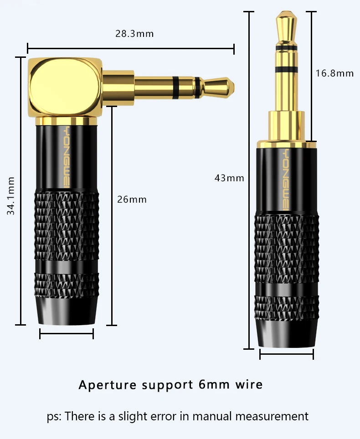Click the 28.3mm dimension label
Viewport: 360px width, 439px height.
coord(134,34)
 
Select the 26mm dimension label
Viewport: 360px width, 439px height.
coord(132,199)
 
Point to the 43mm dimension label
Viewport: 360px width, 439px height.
coord(229,178)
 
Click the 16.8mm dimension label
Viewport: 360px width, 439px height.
coord(334,73)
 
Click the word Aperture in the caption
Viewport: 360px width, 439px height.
coord(107,385)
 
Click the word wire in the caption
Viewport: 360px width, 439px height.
coord(249,384)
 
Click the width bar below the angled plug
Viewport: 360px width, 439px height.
coord(67,334)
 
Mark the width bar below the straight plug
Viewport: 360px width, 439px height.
coord(287,354)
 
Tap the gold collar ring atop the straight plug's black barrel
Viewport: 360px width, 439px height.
coord(287,144)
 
